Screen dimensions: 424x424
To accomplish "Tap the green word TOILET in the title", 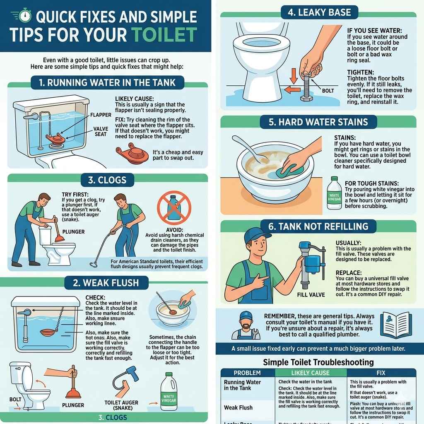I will (169, 35).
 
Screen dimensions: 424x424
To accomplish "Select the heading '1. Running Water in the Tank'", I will (107, 82).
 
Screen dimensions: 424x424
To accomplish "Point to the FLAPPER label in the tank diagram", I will (101, 115).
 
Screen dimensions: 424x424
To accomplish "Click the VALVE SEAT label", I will (101, 131).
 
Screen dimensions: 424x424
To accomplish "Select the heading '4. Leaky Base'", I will (319, 12).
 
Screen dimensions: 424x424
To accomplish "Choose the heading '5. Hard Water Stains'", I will (319, 122).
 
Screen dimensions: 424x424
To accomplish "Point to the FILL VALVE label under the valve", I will (311, 295).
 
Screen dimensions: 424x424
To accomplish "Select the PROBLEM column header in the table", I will (248, 373).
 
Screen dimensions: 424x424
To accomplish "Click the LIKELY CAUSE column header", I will (311, 373).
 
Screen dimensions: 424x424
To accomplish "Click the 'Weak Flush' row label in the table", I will (238, 407).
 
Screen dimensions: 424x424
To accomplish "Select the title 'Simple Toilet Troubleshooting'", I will (318, 362).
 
